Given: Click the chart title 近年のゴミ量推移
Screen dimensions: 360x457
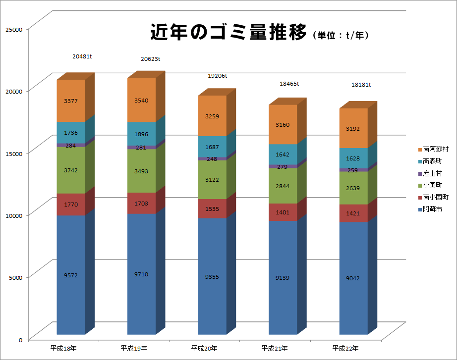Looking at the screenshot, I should pos(228,33).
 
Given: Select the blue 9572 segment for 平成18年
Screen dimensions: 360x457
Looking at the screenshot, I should pos(71,275).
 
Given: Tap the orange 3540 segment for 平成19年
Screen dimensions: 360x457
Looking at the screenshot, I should pos(141,101).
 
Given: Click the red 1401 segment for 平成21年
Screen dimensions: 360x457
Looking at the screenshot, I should pos(283,212).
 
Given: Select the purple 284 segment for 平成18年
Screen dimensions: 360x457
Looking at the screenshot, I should pos(71,145).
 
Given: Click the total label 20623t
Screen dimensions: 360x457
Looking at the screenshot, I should pos(151,59).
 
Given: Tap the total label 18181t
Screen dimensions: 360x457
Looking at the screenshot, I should pos(361,85).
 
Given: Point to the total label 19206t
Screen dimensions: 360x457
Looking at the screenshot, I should pos(217,76).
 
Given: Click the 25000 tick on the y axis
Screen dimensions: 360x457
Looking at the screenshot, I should pos(14,30).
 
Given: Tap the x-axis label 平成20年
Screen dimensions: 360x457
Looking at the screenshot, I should pos(204,349).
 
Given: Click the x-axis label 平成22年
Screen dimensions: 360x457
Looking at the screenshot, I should pos(345,349).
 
